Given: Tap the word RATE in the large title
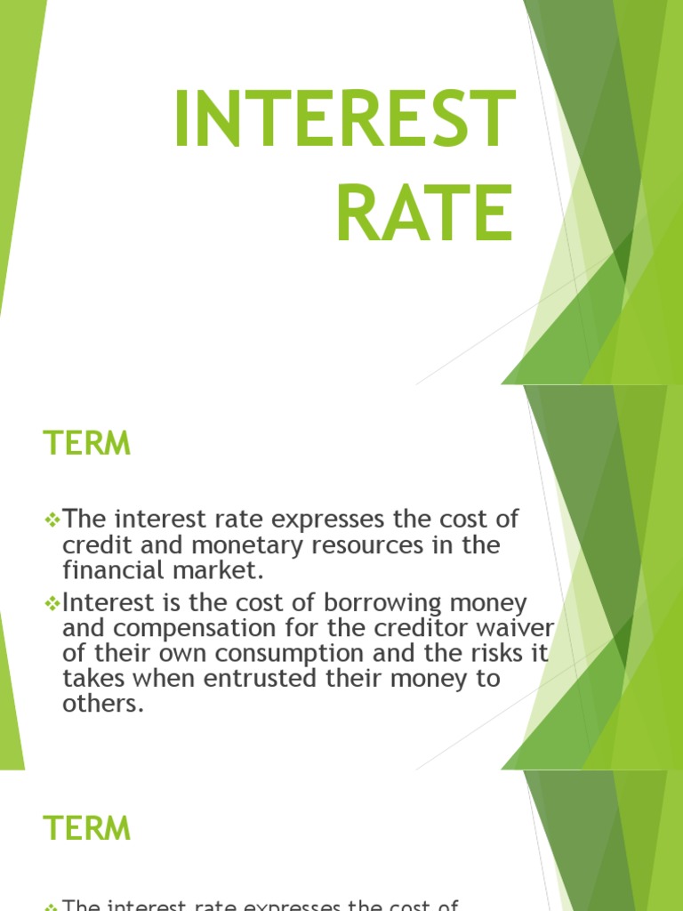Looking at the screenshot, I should (424, 213).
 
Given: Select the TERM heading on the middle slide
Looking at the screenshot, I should (87, 443).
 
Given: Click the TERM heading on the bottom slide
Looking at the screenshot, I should (87, 828).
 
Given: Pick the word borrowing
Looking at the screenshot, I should (380, 603).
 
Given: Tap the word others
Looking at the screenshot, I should (102, 705).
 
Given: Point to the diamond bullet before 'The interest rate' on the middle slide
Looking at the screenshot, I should (51, 519).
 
